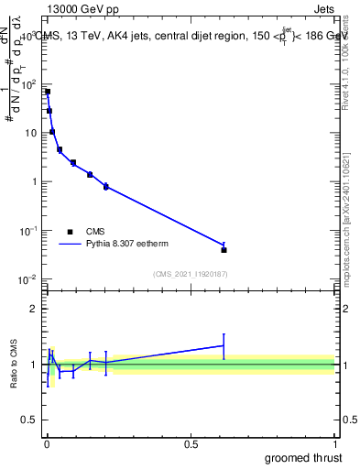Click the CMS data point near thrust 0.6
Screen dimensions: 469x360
224,249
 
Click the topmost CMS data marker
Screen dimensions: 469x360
48,92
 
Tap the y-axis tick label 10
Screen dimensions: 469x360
30,133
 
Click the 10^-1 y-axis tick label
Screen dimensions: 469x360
27,230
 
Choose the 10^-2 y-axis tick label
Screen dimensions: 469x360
27,278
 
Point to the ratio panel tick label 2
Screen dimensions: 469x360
34,309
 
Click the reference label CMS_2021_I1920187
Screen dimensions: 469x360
190,273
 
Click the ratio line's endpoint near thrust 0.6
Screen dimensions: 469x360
224,345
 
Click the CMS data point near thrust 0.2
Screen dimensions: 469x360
106,186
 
